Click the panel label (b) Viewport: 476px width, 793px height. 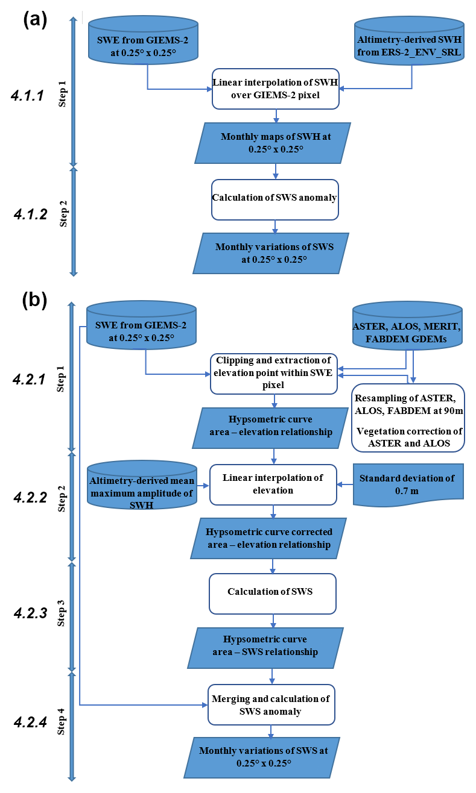click(x=35, y=301)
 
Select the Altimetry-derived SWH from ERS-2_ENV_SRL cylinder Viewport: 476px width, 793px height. click(x=412, y=41)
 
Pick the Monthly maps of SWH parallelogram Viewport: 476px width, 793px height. click(x=276, y=143)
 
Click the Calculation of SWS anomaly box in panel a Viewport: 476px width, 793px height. click(x=274, y=198)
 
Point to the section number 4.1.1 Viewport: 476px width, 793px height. click(x=27, y=95)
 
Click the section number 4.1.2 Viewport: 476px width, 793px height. click(x=30, y=215)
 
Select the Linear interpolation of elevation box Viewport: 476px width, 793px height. click(x=273, y=484)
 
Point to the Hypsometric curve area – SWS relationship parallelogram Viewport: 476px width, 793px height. click(x=265, y=647)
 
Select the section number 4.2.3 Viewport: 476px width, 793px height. click(x=30, y=613)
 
